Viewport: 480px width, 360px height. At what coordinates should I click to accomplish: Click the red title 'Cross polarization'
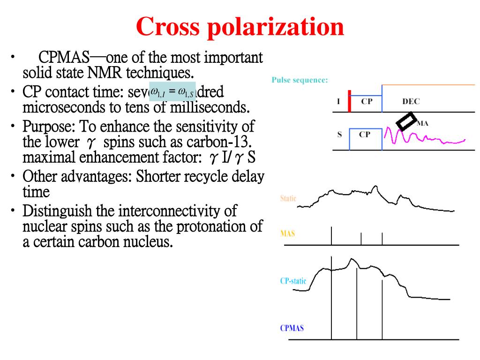[x=240, y=27]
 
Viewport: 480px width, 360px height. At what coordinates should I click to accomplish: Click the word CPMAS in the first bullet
[x=64, y=58]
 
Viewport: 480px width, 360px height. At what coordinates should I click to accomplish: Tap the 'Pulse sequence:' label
[x=300, y=80]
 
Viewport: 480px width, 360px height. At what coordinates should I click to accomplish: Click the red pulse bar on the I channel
[x=349, y=101]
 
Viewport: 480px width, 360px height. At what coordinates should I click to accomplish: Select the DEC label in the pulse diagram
[x=411, y=101]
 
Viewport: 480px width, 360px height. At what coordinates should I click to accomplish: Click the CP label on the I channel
[x=367, y=101]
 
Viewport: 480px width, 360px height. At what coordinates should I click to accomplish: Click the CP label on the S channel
[x=365, y=134]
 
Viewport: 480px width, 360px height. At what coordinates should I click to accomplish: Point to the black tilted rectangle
[x=406, y=120]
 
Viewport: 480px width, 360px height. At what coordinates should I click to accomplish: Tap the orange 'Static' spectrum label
[x=288, y=198]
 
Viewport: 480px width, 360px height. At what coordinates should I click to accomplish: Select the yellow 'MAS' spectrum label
[x=287, y=233]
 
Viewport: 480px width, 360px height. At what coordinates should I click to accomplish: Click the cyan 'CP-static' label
[x=293, y=281]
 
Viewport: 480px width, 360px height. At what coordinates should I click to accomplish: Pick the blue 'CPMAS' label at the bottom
[x=292, y=328]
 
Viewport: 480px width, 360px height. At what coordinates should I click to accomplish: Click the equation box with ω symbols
[x=172, y=91]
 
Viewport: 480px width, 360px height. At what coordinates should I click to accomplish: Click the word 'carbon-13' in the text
[x=221, y=142]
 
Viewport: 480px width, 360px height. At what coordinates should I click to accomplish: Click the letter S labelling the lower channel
[x=339, y=134]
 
